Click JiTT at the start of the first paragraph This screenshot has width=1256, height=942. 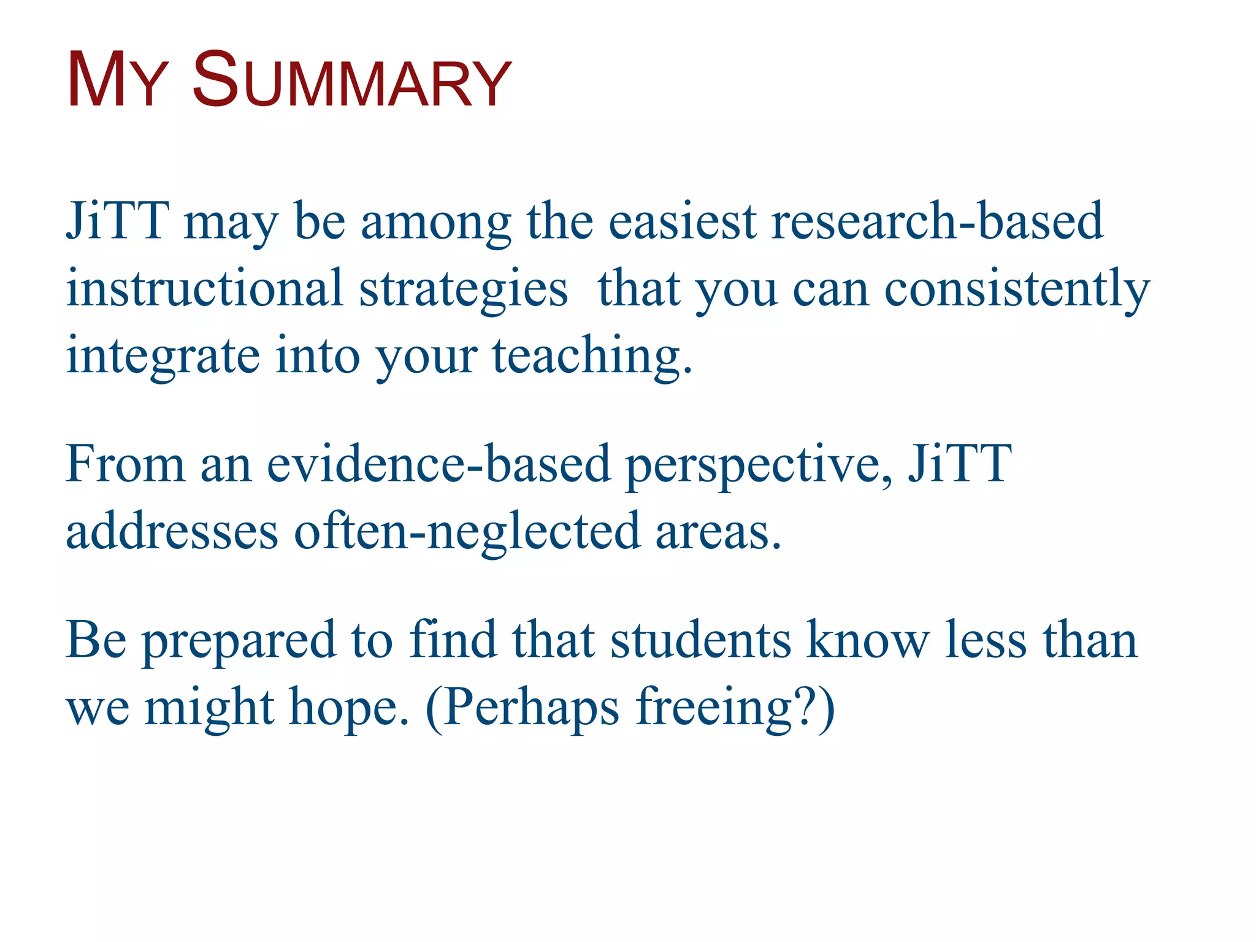click(x=117, y=221)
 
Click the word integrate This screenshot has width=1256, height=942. click(x=163, y=358)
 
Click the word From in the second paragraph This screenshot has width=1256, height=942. click(x=125, y=464)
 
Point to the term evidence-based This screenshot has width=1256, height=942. click(x=438, y=464)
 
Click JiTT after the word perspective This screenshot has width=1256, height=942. click(x=959, y=464)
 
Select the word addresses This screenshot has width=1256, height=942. click(x=172, y=531)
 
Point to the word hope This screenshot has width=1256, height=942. click(x=348, y=708)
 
